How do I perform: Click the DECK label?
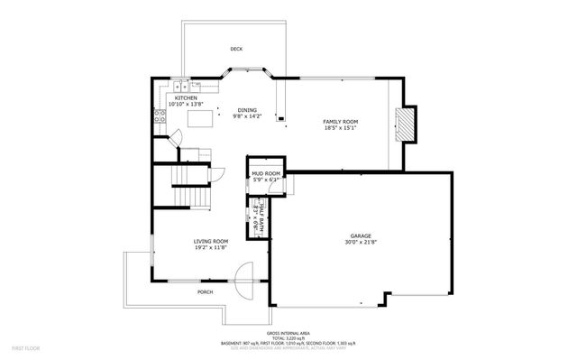236,49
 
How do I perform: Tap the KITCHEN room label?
173,97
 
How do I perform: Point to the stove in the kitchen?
160,116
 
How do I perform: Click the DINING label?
246,110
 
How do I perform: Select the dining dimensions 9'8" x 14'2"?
246,116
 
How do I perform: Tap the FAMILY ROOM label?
341,121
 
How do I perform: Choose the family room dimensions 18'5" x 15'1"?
341,127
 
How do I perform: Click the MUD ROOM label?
266,173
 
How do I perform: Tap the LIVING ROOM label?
210,241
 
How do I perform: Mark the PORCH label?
206,292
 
